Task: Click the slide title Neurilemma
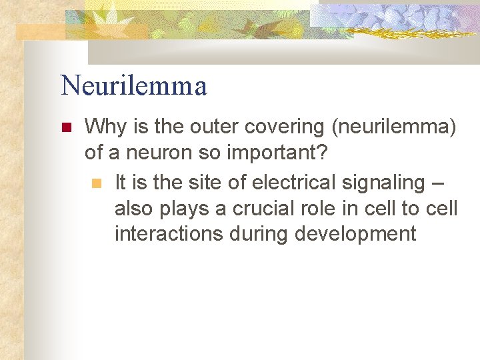click(133, 86)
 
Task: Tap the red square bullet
click(65, 127)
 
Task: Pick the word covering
click(269, 127)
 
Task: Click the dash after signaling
click(442, 182)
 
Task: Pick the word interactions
click(170, 234)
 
